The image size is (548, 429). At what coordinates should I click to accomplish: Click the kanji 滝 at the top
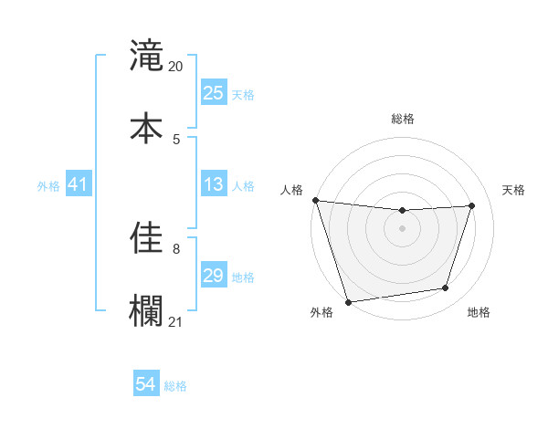coord(146,57)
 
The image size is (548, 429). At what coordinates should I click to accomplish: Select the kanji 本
coord(146,127)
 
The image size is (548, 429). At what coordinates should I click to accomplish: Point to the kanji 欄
coord(146,309)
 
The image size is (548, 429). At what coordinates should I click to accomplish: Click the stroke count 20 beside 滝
coord(176,67)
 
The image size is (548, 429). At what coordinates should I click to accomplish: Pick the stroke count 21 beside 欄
coord(176,321)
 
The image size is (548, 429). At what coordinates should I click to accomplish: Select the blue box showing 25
coord(214,93)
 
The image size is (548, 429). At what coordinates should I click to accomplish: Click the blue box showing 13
coord(214,185)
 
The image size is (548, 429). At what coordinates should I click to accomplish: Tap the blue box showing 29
coord(214,276)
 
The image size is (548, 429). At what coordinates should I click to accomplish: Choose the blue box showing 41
coord(79,185)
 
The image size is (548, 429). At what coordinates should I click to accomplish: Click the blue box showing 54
coord(146,385)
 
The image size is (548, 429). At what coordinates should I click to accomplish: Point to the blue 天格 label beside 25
coord(243,95)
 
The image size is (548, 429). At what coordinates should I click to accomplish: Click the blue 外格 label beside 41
coord(48,186)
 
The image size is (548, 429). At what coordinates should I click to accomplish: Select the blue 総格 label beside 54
coord(175,386)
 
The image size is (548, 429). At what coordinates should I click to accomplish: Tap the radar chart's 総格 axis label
coord(403,119)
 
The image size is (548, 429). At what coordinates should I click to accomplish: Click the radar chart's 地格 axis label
coord(479,313)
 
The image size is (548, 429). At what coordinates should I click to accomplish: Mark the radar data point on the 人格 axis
coord(315,200)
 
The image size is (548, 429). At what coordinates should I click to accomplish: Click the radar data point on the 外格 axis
coord(348,301)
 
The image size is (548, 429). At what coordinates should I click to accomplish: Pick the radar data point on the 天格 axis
coord(472,205)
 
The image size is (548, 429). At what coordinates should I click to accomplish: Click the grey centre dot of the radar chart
coord(403,228)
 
